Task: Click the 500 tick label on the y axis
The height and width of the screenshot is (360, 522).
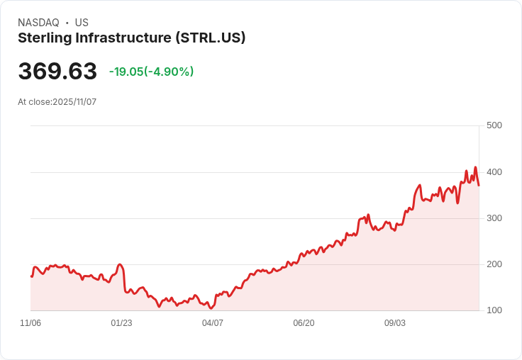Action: pyautogui.click(x=494, y=125)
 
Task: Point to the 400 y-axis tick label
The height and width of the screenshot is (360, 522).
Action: pyautogui.click(x=494, y=171)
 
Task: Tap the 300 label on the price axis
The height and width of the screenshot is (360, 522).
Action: pyautogui.click(x=494, y=218)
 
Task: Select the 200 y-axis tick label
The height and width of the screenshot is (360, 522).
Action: pyautogui.click(x=494, y=264)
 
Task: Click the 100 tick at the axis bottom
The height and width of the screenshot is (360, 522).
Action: pyautogui.click(x=494, y=310)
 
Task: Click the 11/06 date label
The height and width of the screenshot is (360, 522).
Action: pyautogui.click(x=30, y=323)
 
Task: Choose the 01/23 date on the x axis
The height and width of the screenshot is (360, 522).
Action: pyautogui.click(x=121, y=323)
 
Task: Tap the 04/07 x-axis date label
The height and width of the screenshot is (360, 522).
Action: pyautogui.click(x=213, y=323)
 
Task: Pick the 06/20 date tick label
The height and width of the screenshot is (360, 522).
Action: pyautogui.click(x=304, y=323)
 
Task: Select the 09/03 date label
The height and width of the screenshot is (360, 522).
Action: pyautogui.click(x=395, y=323)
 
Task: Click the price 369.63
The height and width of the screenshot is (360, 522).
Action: pyautogui.click(x=57, y=72)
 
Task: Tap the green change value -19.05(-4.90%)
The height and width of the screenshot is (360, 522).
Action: pyautogui.click(x=151, y=72)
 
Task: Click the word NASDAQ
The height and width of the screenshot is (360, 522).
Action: pyautogui.click(x=38, y=23)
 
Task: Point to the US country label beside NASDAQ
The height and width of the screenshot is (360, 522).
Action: pyautogui.click(x=82, y=23)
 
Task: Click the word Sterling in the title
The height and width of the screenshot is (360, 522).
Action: pyautogui.click(x=43, y=38)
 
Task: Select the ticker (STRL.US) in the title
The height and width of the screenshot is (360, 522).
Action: pyautogui.click(x=210, y=38)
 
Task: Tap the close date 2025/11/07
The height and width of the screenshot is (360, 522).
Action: pyautogui.click(x=74, y=102)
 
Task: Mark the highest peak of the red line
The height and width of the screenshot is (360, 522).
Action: pyautogui.click(x=475, y=167)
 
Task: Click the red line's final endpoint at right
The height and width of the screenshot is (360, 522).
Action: pyautogui.click(x=479, y=186)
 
